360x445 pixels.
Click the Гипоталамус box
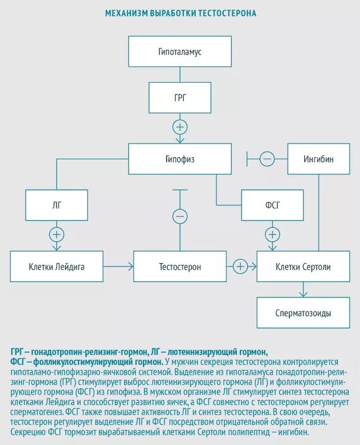[180, 52]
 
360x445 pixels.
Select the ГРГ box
[180, 98]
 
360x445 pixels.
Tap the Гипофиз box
[180, 159]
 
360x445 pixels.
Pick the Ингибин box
[318, 159]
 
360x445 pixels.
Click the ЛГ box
[57, 205]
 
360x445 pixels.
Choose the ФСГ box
[272, 205]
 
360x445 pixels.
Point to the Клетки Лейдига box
[57, 267]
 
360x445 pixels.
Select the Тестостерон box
[180, 267]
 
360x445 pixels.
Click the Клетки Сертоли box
[303, 267]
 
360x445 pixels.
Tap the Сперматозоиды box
[303, 313]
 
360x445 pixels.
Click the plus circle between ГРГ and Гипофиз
[180, 127]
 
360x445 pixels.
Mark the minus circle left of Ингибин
[267, 159]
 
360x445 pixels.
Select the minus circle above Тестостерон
[180, 215]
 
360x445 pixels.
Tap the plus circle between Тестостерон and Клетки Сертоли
[240, 267]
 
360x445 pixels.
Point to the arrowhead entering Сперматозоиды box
[303, 294]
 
